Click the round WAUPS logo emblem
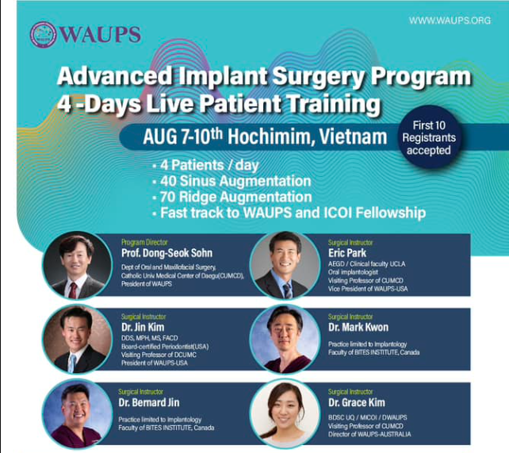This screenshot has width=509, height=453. (x=43, y=35)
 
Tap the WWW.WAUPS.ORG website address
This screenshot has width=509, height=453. (x=450, y=21)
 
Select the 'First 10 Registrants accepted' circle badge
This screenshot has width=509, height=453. (x=429, y=138)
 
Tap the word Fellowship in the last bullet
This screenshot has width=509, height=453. (x=391, y=213)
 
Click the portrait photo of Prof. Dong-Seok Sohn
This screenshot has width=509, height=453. (x=77, y=265)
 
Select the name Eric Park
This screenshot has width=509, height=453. (x=347, y=253)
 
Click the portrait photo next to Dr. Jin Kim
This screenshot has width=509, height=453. (x=77, y=339)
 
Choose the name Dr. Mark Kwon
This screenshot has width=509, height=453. (x=358, y=327)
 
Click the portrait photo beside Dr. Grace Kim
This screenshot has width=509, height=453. (x=285, y=413)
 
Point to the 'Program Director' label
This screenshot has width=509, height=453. (x=144, y=242)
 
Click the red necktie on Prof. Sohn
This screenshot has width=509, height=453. (x=73, y=290)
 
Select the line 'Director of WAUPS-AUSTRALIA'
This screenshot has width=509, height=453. (x=369, y=434)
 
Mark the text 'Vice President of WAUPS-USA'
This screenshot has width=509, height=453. (x=368, y=289)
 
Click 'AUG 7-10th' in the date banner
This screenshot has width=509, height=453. (x=183, y=136)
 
